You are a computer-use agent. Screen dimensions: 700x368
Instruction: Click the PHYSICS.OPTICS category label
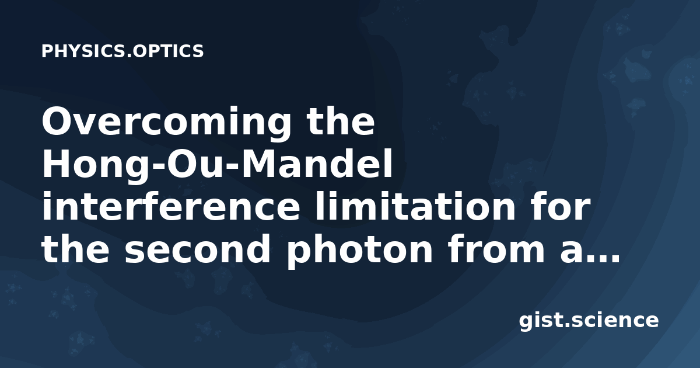(x=123, y=51)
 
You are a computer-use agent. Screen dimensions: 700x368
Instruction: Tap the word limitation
(x=415, y=206)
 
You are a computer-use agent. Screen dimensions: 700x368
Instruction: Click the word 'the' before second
(x=75, y=249)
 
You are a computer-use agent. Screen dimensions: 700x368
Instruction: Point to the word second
(x=198, y=249)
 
